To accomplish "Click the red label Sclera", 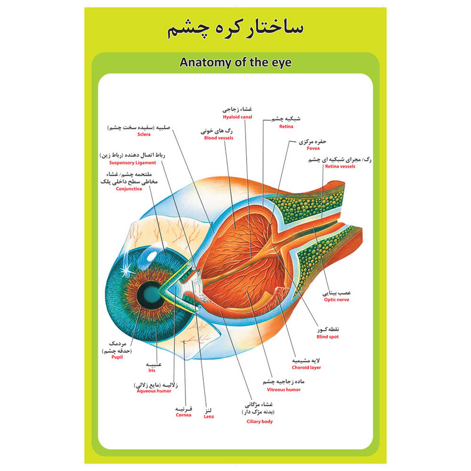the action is coord(144,134).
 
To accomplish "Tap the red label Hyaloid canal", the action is coord(237,117).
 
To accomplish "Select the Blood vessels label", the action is coord(218,138).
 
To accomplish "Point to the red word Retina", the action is coord(286,127).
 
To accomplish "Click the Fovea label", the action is coord(313,148).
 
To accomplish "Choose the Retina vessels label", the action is coord(340,166).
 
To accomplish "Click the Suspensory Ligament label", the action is coord(132,162).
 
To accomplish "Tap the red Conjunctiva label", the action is coord(128,188).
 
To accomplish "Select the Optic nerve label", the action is coord(336,300).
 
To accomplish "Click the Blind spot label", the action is coord(327,337).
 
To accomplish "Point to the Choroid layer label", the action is coord(306,367).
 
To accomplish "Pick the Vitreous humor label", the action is coord(284,390).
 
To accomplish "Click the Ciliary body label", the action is coord(260,422).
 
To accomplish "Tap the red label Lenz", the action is coord(209,416).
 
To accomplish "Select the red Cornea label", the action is coord(183,415).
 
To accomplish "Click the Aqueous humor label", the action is coord(154,391).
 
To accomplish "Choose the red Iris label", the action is coord(152,370).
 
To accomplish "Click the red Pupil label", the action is coord(117,357).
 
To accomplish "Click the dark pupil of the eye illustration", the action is coord(149,293).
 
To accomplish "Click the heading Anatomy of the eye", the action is coord(235,62).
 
